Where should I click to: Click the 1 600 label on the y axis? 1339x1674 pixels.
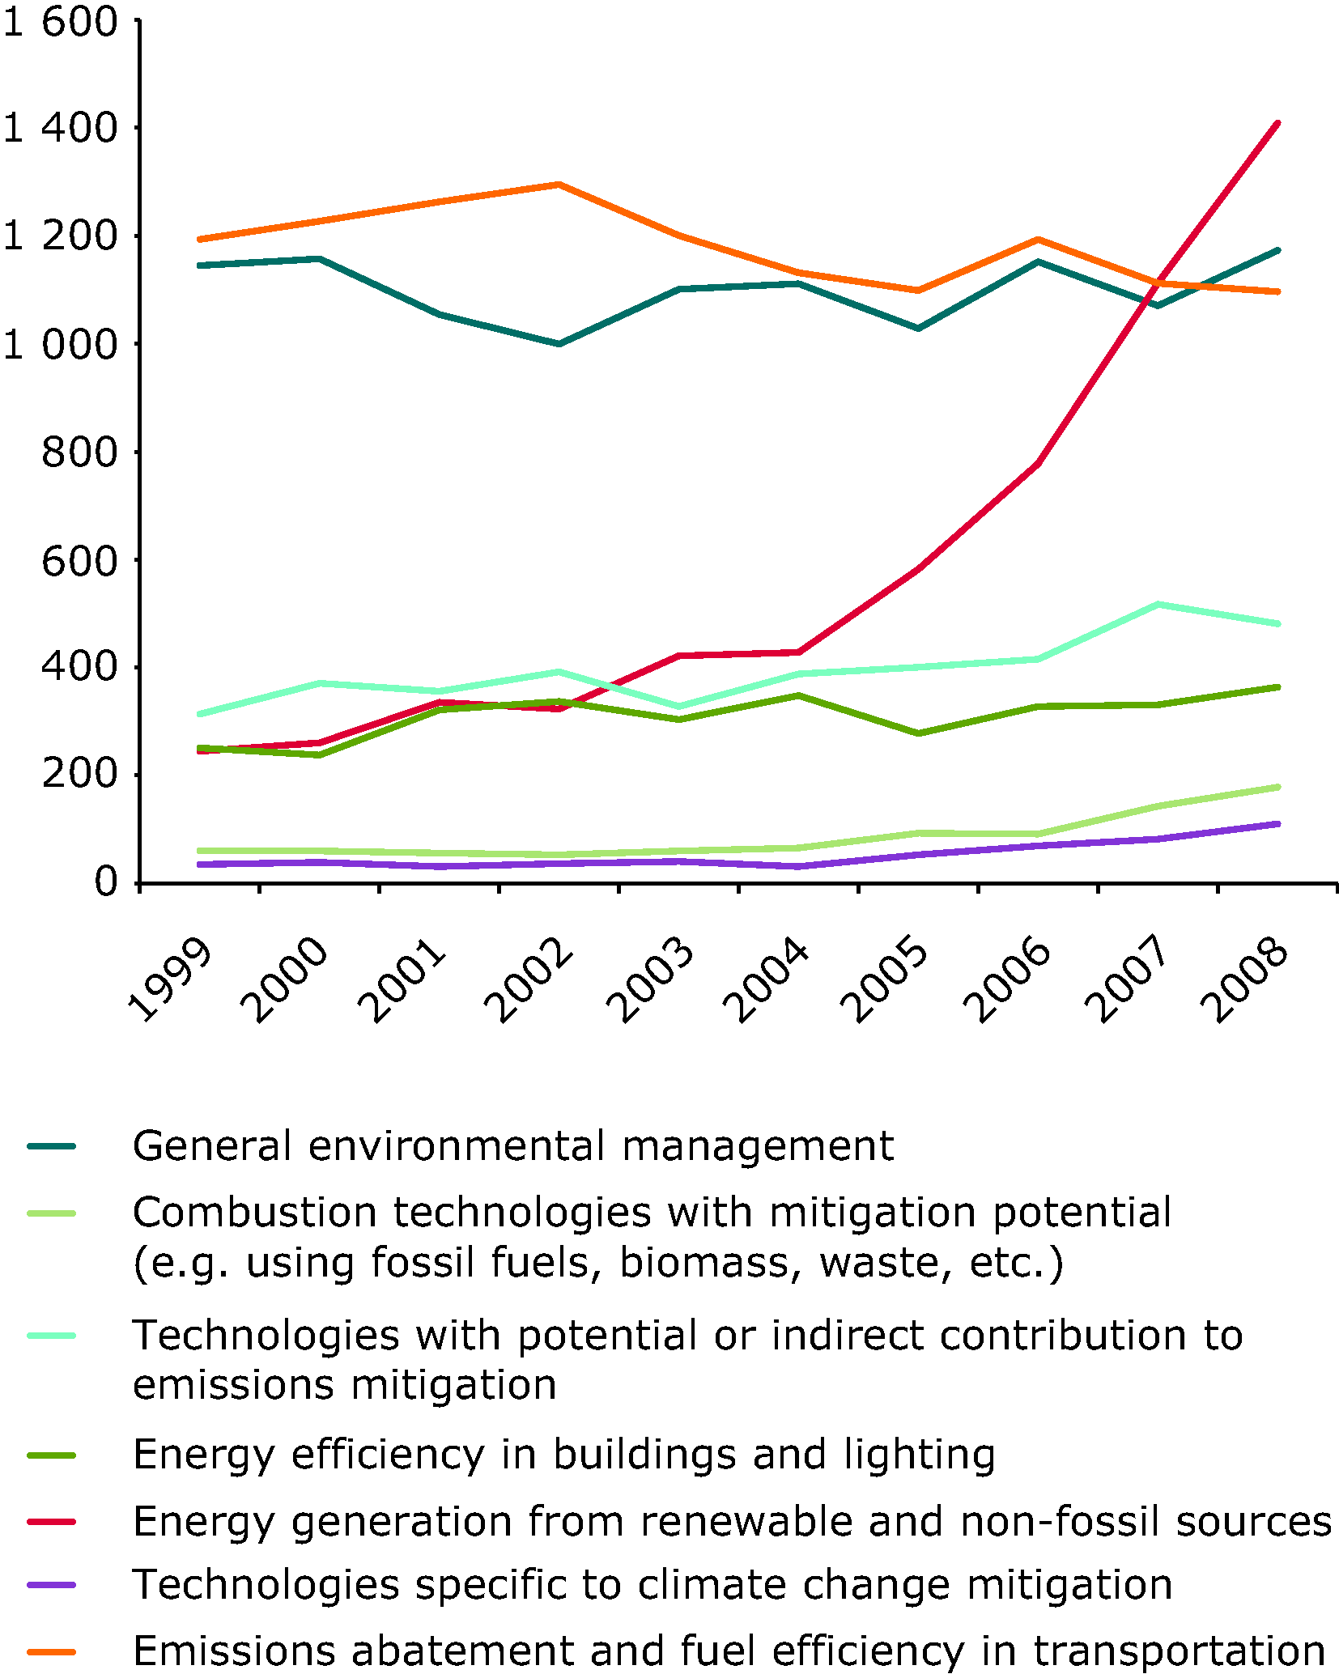tap(61, 22)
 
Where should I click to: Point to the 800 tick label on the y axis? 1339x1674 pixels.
tap(79, 452)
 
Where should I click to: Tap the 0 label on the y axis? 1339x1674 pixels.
tap(106, 882)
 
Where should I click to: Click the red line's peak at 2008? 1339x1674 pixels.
tap(1277, 123)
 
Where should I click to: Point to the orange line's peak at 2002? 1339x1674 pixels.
tap(559, 185)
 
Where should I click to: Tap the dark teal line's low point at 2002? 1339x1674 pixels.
tap(559, 344)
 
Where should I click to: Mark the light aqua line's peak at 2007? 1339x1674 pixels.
tap(1158, 604)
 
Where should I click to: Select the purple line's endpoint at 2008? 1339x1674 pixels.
tap(1277, 824)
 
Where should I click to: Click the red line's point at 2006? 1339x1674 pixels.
tap(1038, 463)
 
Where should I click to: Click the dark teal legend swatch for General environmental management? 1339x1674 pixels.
tap(51, 1146)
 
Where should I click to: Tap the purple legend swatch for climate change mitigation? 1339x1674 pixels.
tap(51, 1584)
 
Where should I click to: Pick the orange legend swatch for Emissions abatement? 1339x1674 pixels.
tap(51, 1651)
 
